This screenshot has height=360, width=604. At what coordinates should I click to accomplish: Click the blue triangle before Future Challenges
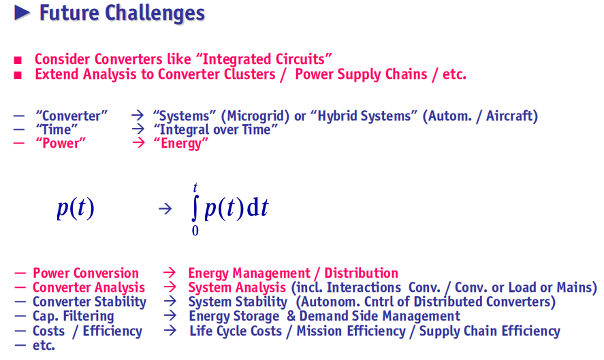point(22,13)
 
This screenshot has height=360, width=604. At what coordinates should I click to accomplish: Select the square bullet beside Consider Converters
point(18,60)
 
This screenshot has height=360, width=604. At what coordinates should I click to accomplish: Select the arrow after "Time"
point(138,129)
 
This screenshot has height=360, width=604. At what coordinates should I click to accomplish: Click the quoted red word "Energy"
point(180,144)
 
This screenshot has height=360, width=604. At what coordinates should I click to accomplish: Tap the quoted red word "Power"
point(61,143)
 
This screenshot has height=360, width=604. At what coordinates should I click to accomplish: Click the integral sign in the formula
point(195,208)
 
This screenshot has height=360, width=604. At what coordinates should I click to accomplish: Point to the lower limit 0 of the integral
point(195,231)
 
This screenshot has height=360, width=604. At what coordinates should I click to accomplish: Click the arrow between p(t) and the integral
point(165,209)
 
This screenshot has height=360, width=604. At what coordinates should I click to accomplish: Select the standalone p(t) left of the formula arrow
point(76,209)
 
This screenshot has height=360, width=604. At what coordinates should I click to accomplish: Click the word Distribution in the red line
point(361,273)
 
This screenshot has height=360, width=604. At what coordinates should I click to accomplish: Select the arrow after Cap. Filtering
point(170,316)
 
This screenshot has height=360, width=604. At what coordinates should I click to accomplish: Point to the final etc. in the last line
point(44,346)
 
